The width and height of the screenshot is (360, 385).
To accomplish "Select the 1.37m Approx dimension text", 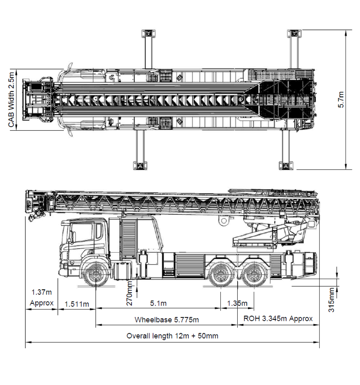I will [41, 298].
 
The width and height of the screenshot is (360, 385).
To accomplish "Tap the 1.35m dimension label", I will [237, 303].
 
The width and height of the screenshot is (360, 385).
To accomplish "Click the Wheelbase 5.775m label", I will [167, 319].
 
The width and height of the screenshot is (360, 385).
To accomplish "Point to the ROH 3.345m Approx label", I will [278, 319].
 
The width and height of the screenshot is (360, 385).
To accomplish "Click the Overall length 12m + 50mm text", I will [172, 336].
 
